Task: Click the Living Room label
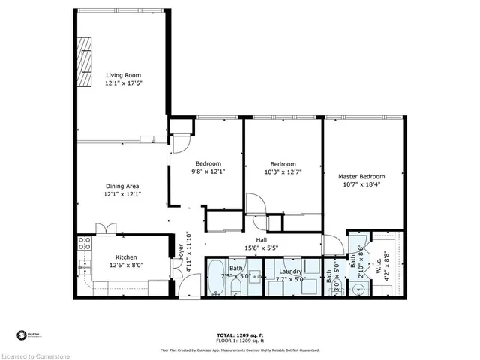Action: (x=123, y=75)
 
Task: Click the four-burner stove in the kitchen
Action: (x=85, y=243)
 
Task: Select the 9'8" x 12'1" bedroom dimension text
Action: (x=208, y=172)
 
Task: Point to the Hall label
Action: (x=262, y=240)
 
